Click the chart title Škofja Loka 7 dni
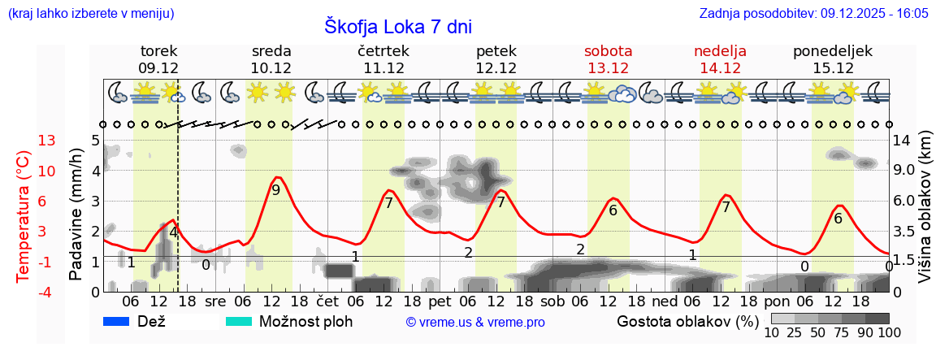pyautogui.click(x=397, y=27)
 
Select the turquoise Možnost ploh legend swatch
pyautogui.click(x=239, y=321)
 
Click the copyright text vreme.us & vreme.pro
pyautogui.click(x=475, y=323)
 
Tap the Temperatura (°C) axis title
pyautogui.click(x=24, y=216)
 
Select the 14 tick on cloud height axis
pyautogui.click(x=902, y=141)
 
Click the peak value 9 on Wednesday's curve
pyautogui.click(x=276, y=190)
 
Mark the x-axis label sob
pyautogui.click(x=552, y=301)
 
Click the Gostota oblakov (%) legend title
pyautogui.click(x=687, y=321)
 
